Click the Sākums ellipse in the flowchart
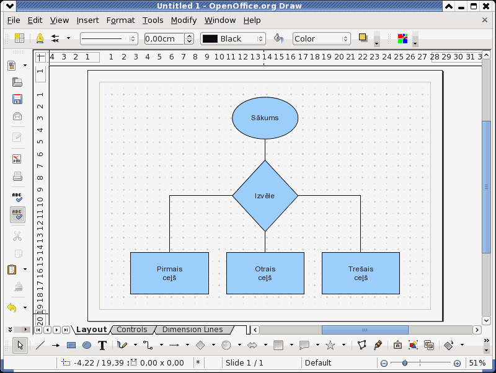[x=265, y=118]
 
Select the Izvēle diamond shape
[x=265, y=196]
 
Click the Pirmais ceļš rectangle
[x=169, y=273]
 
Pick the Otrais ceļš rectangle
[x=265, y=273]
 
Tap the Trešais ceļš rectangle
[x=361, y=273]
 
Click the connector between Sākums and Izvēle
[x=265, y=150]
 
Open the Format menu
[x=120, y=20]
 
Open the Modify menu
[x=184, y=20]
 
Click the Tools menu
[x=153, y=20]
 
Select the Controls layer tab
[x=132, y=330]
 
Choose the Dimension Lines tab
[x=193, y=330]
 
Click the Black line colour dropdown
[x=233, y=38]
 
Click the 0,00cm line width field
[x=164, y=38]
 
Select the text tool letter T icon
[x=102, y=345]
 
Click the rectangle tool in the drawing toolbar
[x=71, y=345]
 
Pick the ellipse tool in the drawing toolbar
[x=87, y=345]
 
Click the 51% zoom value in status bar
[x=477, y=363]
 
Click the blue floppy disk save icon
[x=17, y=99]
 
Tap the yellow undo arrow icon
[x=12, y=307]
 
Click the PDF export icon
[x=17, y=159]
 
